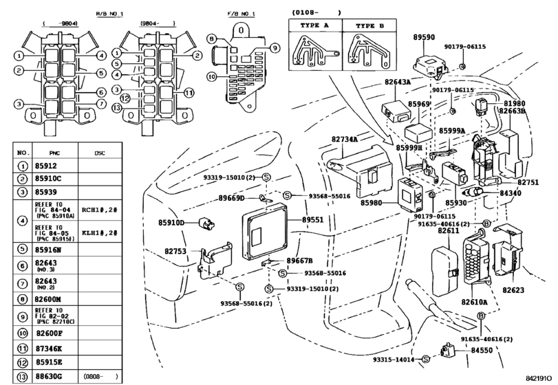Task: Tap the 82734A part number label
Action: (x=345, y=140)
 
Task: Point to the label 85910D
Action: (x=172, y=223)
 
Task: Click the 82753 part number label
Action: (x=175, y=252)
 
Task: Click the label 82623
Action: (x=515, y=291)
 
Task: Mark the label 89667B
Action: (x=299, y=261)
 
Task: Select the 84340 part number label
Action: (x=510, y=193)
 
